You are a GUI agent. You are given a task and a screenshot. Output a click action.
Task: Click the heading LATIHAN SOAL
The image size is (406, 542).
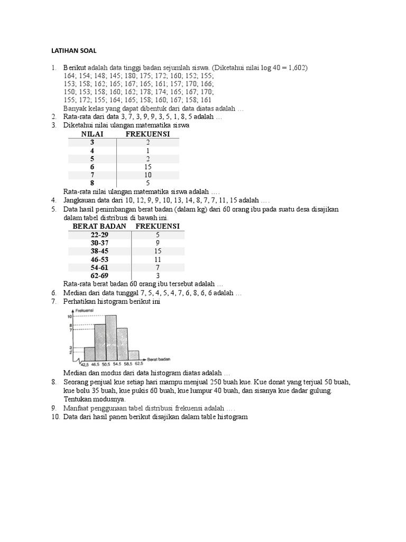coord(73,51)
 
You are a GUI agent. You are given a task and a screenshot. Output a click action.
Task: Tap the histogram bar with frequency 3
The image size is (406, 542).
coord(89,354)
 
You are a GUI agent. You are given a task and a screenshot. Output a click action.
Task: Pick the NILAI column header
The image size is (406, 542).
coord(92,134)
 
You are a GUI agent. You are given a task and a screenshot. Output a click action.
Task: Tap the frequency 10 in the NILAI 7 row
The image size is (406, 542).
coord(148,175)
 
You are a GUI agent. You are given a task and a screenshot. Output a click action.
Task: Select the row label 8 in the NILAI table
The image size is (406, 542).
coord(92,183)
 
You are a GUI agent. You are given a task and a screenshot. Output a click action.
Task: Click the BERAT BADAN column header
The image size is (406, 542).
coord(99,227)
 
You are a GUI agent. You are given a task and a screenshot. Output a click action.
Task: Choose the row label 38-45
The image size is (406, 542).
coord(99,251)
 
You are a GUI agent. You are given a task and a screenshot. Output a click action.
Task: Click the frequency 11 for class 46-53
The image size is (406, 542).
coord(158,259)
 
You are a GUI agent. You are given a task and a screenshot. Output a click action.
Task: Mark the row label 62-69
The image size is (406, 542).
coord(99,276)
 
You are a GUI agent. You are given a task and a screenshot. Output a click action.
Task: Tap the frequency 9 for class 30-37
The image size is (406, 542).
coord(158,243)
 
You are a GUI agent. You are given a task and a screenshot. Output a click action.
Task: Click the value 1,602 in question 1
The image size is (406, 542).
coord(296,68)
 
